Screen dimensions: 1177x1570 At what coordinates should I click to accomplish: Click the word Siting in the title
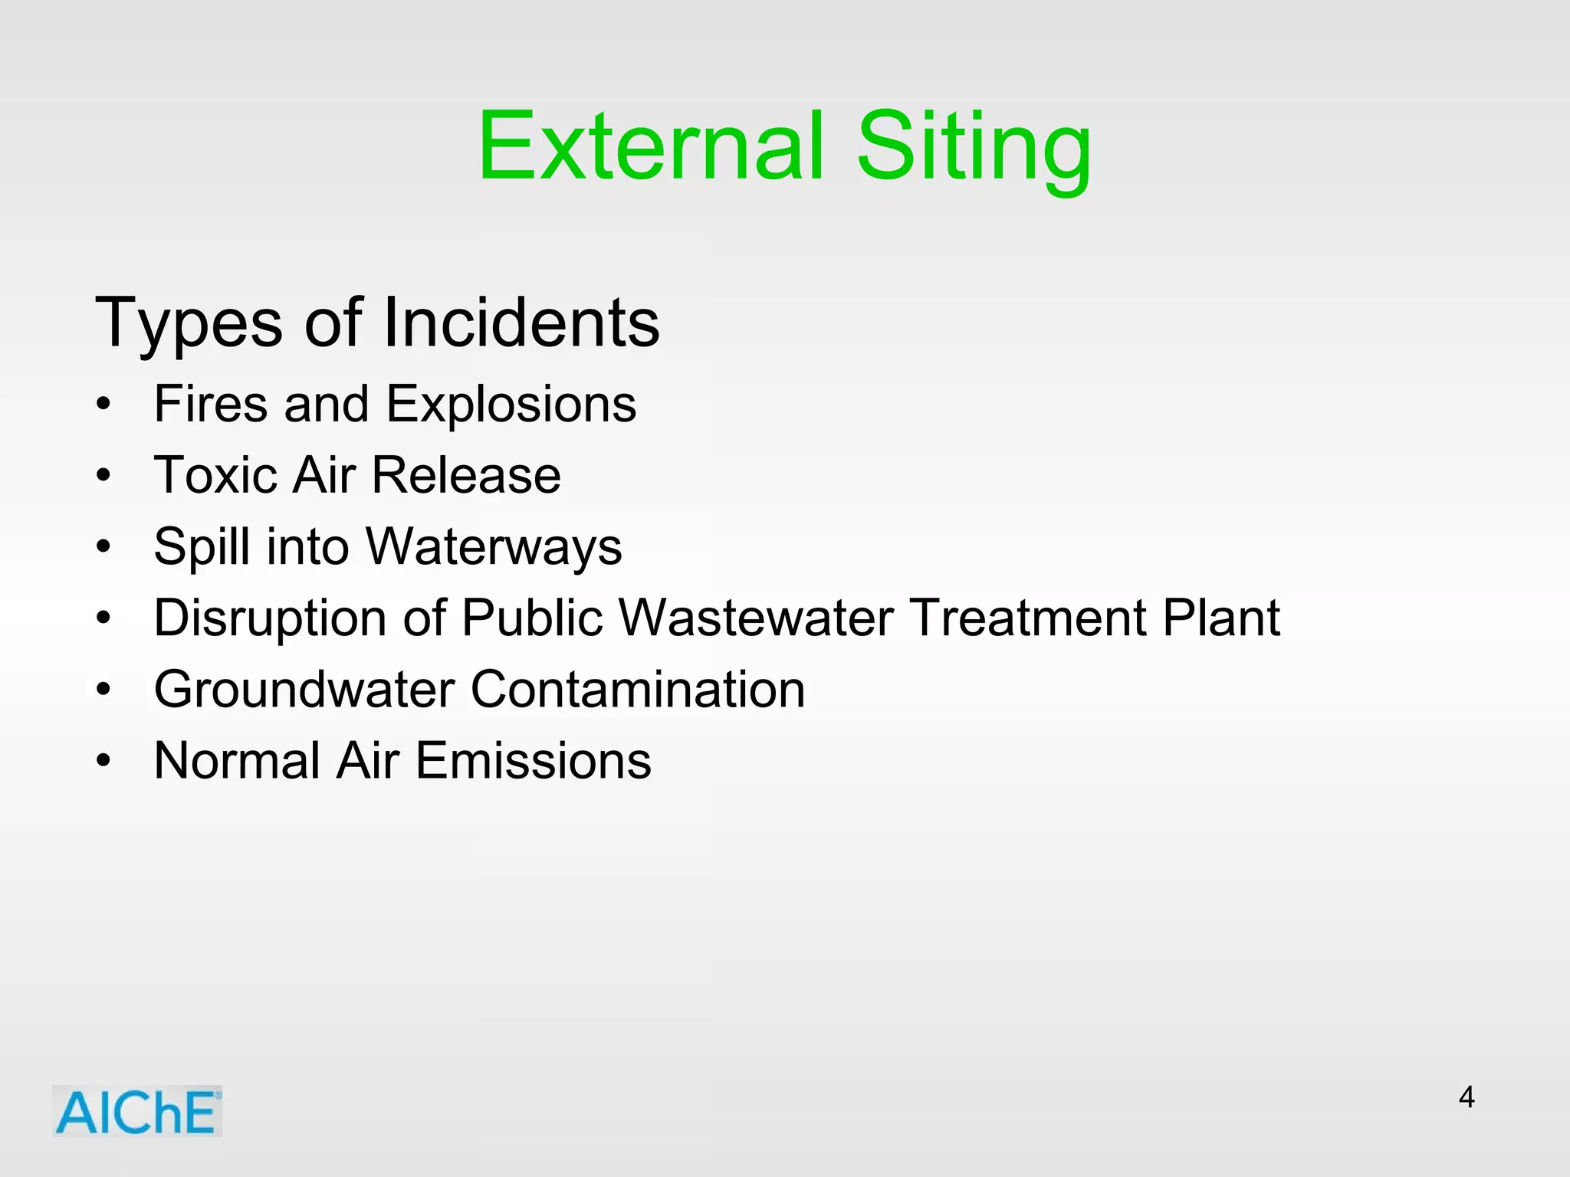[974, 149]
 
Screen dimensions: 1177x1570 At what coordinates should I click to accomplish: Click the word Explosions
[511, 405]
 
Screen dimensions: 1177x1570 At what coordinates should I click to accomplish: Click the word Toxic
[215, 475]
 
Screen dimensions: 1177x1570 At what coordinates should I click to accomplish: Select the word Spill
[201, 548]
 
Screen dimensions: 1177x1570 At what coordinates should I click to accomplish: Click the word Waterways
[494, 547]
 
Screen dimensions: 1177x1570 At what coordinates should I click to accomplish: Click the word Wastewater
[756, 618]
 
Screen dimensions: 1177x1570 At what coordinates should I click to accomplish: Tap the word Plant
[1220, 618]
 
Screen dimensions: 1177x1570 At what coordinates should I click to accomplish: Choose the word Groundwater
[304, 689]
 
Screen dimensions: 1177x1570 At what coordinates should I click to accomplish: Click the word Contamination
[637, 689]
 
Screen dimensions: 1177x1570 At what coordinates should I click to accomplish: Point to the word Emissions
[534, 760]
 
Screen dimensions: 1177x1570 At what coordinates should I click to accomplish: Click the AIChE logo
[137, 1111]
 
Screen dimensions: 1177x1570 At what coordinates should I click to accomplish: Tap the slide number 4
[1466, 1097]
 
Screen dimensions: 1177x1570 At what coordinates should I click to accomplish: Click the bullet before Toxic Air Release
[103, 476]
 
